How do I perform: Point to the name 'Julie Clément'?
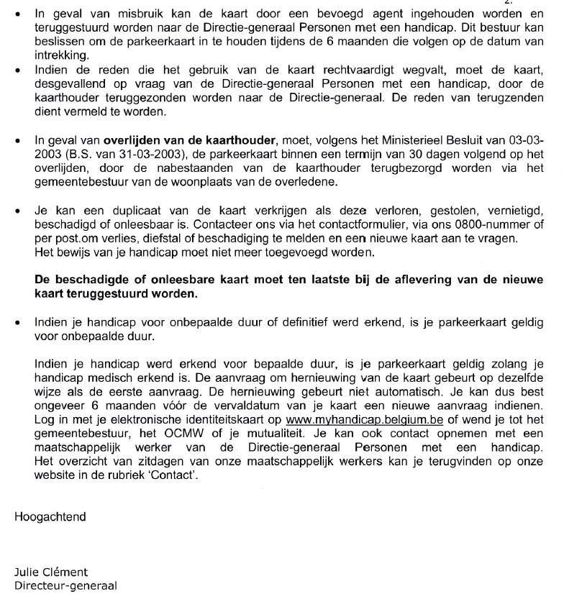click(51, 572)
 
